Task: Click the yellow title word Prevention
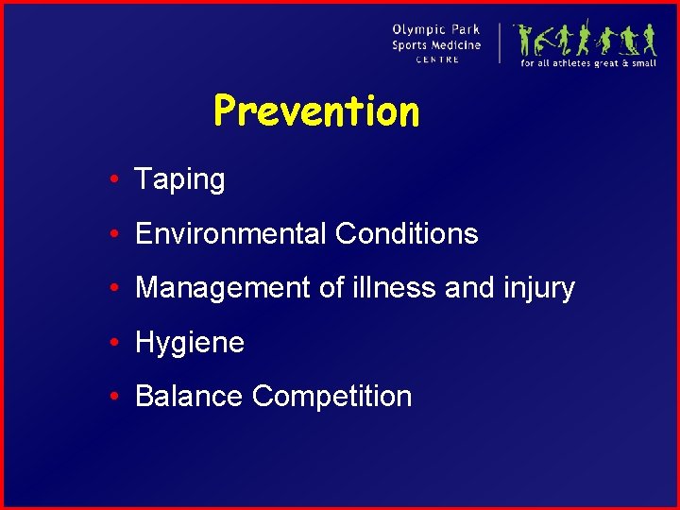[x=316, y=111]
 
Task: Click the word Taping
[x=179, y=179]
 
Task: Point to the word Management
[x=223, y=288]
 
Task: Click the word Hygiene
[x=190, y=343]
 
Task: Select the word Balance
[x=189, y=396]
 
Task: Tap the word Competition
[x=331, y=396]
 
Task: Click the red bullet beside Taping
[x=112, y=180]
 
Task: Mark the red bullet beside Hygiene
[x=112, y=343]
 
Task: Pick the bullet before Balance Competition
[x=112, y=397]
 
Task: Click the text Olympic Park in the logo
[x=436, y=29]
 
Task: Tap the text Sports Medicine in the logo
[x=436, y=44]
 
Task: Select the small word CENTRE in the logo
[x=437, y=59]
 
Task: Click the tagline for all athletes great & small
[x=588, y=63]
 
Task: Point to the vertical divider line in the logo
[x=500, y=42]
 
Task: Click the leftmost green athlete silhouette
[x=525, y=40]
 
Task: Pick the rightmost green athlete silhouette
[x=649, y=40]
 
